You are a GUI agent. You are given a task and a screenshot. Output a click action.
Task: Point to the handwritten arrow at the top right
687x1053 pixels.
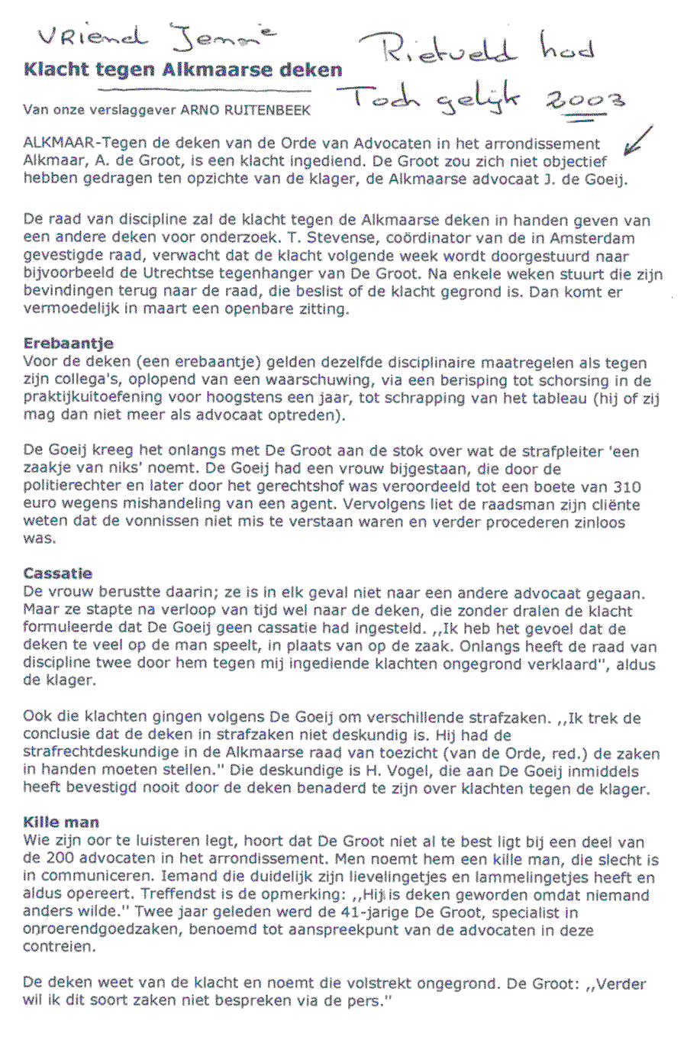point(637,141)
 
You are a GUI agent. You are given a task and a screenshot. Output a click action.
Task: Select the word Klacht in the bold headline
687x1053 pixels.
point(55,70)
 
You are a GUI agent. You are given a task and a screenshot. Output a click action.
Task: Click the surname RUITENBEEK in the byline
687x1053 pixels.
point(267,110)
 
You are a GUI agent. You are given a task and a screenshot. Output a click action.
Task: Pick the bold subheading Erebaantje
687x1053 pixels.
point(69,344)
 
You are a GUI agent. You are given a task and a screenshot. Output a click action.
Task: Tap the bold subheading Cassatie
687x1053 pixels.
point(58,573)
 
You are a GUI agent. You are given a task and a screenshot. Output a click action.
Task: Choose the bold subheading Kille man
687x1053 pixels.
point(61,822)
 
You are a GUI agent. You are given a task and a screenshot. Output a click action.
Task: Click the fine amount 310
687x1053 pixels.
point(627,487)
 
